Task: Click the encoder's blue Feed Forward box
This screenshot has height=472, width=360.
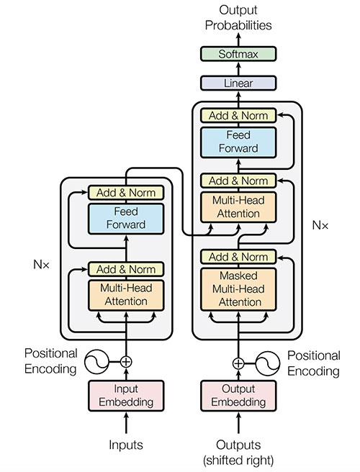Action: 126,218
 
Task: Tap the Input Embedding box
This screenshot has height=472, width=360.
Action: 126,395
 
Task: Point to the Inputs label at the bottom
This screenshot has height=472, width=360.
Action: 126,445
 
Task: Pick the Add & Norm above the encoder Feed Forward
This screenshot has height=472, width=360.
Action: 126,193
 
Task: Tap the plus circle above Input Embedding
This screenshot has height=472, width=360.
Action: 126,361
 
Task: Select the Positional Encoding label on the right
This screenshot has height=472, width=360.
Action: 313,364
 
